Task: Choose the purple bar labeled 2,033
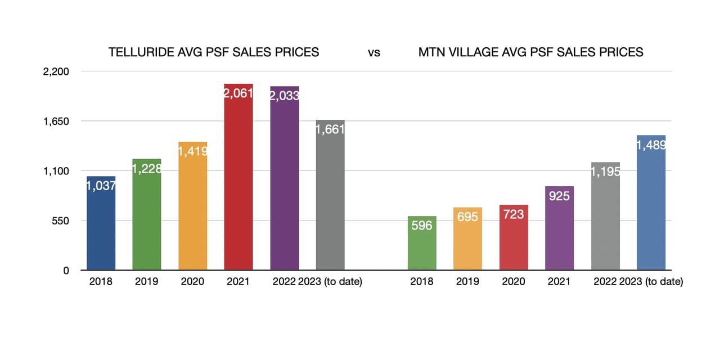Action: (x=285, y=180)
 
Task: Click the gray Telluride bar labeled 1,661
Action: (x=330, y=197)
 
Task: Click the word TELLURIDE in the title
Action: (x=135, y=52)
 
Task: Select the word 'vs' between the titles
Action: (x=374, y=53)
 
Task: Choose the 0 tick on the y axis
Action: (x=66, y=271)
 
